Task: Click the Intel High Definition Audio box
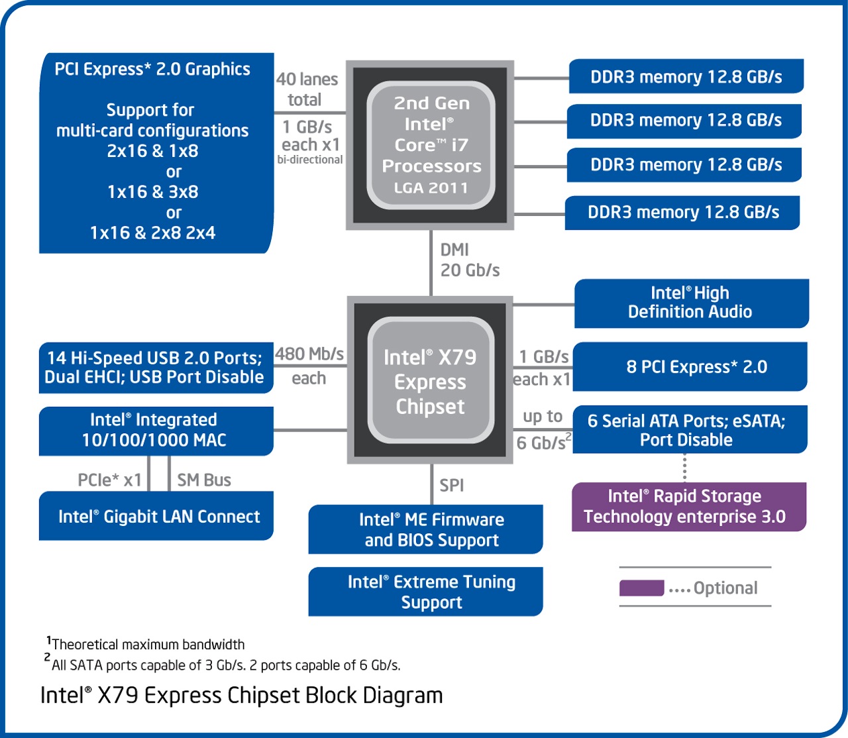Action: coord(691,303)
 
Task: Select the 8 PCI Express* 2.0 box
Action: coord(690,367)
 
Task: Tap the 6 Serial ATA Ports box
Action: coord(689,430)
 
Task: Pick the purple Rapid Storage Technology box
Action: coord(688,507)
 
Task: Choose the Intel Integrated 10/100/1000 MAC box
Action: coord(156,431)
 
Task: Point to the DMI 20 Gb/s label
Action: coord(469,260)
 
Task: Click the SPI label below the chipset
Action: coord(452,486)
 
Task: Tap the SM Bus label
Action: coord(204,480)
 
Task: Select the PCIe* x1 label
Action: coord(110,480)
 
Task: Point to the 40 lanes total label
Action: coord(307,89)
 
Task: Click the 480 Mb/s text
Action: coord(309,354)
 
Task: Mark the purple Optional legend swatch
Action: coord(641,588)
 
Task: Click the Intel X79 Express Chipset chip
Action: coord(431,381)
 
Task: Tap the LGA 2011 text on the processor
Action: coord(431,188)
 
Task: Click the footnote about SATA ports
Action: coord(225,665)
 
